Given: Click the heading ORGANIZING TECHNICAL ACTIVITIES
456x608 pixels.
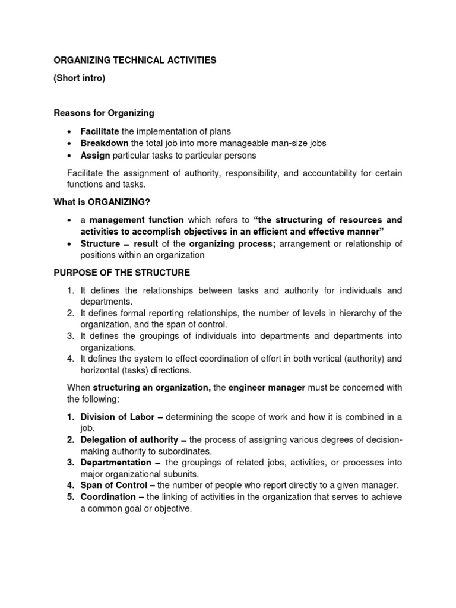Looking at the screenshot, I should point(135,60).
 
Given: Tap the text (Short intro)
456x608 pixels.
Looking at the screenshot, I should point(79,78).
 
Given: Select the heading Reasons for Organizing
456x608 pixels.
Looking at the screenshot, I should point(104,113).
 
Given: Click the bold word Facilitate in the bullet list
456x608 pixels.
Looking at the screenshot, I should point(100,131).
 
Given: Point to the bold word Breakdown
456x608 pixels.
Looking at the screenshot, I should point(104,143).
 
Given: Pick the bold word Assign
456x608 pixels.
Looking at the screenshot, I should point(95,156).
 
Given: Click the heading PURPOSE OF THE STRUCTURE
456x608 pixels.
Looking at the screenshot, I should point(122,273).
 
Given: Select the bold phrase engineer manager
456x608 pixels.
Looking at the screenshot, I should point(267,388).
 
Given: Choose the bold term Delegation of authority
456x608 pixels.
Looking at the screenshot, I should point(129,440).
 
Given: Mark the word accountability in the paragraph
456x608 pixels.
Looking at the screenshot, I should point(330,173).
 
